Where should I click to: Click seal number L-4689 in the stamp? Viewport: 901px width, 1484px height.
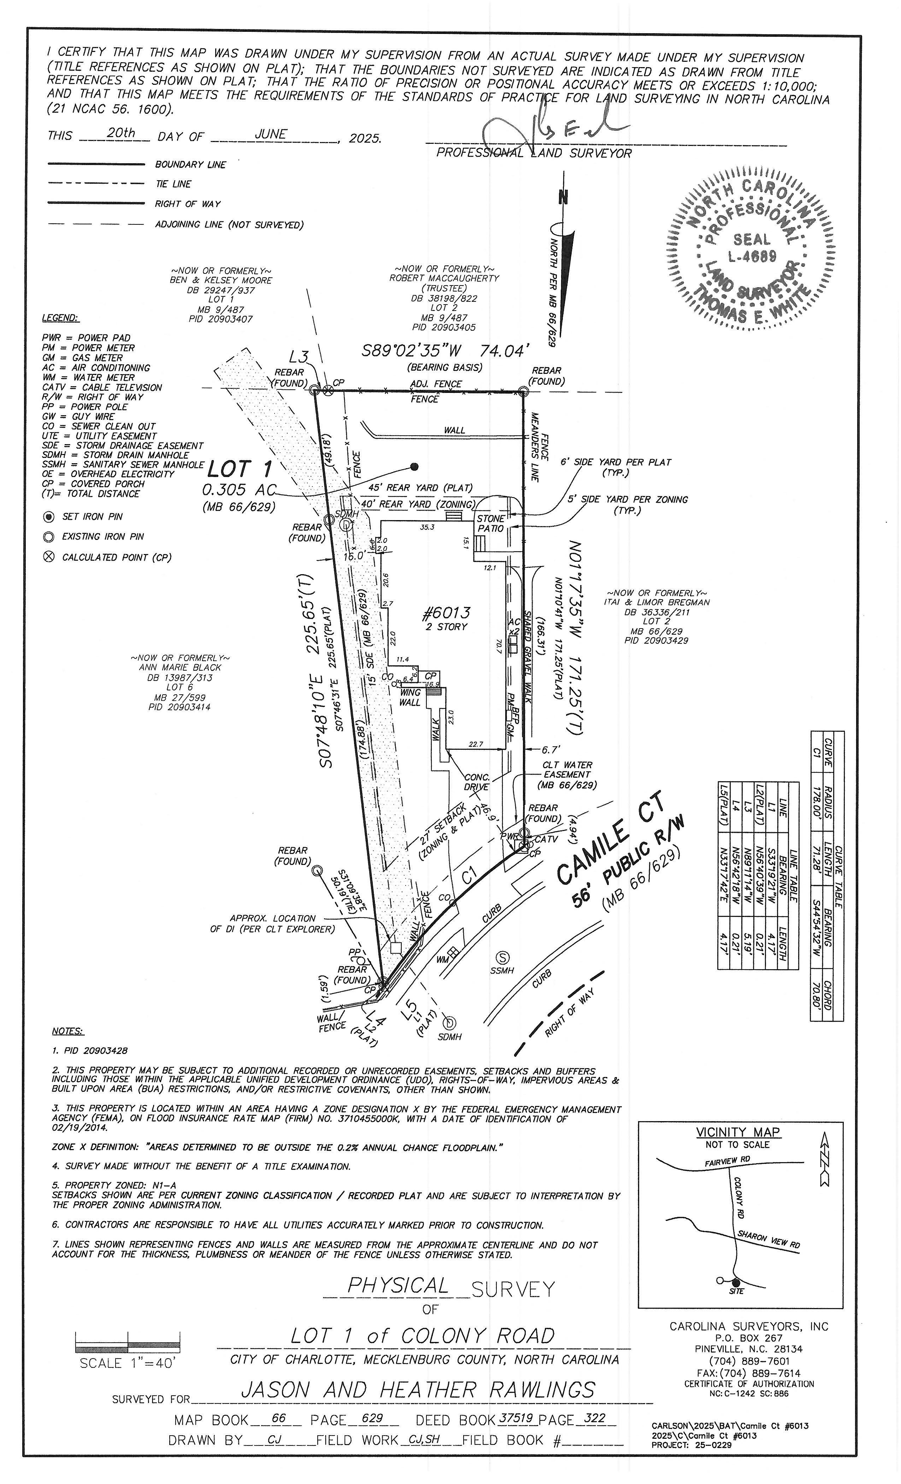coord(752,257)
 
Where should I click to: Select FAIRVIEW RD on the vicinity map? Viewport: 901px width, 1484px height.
coord(728,1160)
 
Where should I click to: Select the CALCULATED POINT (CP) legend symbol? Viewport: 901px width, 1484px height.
coord(49,557)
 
